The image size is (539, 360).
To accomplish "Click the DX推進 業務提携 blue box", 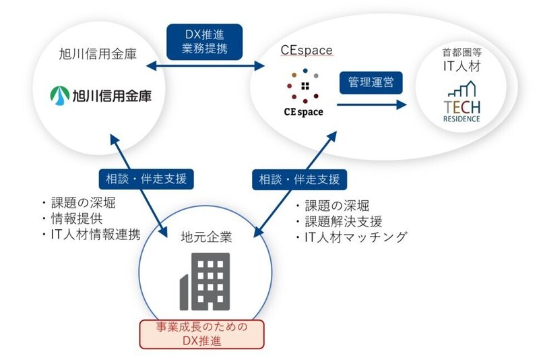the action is (x=205, y=42).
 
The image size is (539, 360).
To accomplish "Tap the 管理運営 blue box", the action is (x=371, y=82).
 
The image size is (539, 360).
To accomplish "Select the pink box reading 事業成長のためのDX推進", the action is (x=201, y=334).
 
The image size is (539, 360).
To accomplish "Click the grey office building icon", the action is (x=205, y=282).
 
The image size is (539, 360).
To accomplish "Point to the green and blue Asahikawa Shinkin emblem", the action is (x=60, y=96).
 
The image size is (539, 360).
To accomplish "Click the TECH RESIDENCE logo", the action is (x=462, y=102).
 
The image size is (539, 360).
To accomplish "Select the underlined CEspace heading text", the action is (x=307, y=51).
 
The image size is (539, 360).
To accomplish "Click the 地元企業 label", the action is (x=206, y=237).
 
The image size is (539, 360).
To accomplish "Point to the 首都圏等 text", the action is (x=462, y=53).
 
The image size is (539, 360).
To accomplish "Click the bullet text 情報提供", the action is (x=77, y=218).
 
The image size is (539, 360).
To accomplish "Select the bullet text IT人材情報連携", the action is (x=96, y=235).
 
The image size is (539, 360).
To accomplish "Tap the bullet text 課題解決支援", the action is (x=344, y=222).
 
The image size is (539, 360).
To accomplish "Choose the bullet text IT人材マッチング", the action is (x=356, y=237).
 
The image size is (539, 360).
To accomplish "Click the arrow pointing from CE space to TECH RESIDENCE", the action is (x=372, y=104).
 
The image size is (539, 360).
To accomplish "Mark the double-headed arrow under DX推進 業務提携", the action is (x=205, y=65).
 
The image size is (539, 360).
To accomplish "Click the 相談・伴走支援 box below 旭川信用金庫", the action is (x=146, y=179).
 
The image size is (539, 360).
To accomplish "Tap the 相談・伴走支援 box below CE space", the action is (x=299, y=179).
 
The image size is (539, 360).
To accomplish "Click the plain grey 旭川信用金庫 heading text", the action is (x=98, y=55).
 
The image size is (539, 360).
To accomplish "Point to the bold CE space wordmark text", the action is (x=304, y=112).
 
